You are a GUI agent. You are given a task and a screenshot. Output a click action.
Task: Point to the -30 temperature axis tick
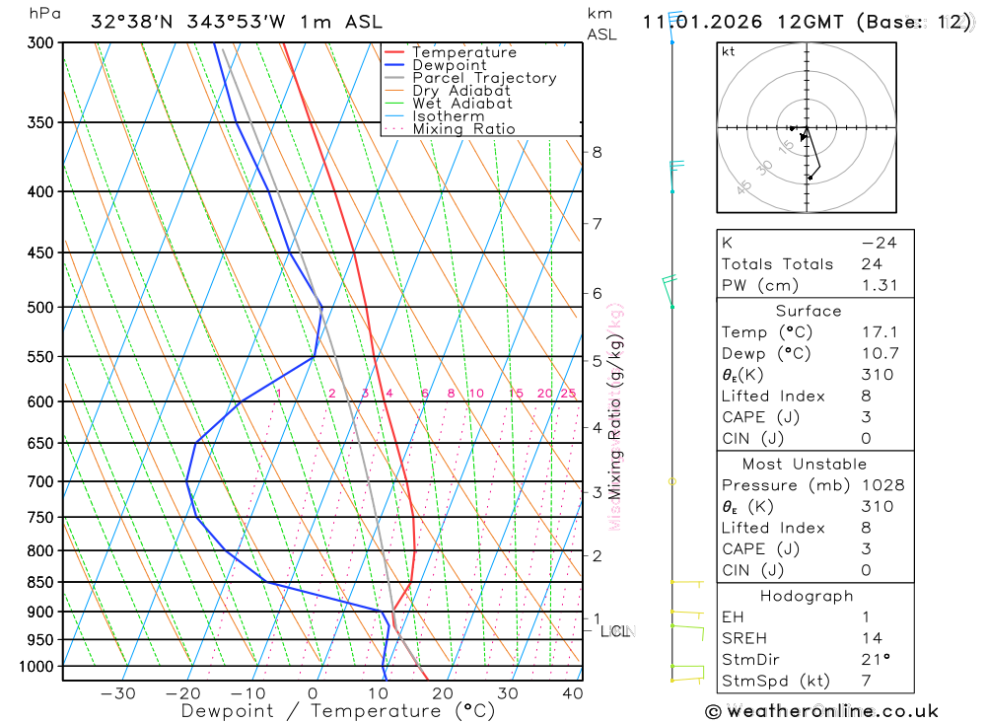tap(118, 693)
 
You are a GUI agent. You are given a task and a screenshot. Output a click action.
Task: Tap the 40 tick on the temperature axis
tap(572, 693)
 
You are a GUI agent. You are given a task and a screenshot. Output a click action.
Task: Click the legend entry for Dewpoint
tap(449, 65)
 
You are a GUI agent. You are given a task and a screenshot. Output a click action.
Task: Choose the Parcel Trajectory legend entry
tap(484, 78)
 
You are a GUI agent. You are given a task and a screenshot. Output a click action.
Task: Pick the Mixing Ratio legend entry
tap(463, 128)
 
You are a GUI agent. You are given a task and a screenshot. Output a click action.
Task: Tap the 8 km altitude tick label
tap(597, 152)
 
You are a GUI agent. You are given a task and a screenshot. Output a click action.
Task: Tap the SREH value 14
tap(871, 638)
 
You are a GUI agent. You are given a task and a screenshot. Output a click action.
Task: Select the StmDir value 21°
tap(874, 660)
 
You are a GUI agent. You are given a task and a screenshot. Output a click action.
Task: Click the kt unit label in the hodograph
tap(729, 51)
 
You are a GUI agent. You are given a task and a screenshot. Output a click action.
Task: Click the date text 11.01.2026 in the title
tap(697, 22)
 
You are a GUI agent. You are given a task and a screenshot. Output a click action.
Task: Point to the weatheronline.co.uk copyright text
tap(821, 711)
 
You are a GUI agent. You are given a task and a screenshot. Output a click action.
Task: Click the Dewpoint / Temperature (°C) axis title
tap(338, 711)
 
